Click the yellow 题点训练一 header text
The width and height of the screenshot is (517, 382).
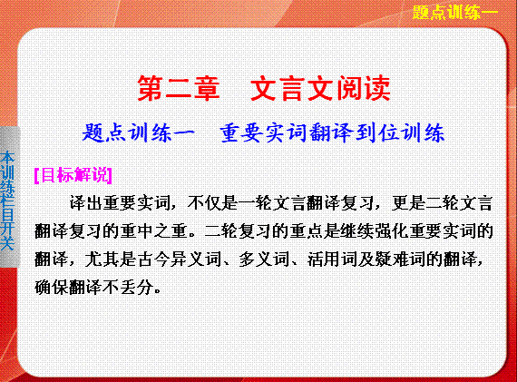coord(455,13)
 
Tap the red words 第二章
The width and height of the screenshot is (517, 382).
coord(179,88)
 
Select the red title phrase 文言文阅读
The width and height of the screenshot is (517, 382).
coord(320,88)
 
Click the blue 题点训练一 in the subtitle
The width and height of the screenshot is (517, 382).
coord(139,133)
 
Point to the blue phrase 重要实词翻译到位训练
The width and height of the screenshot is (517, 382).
coord(332,133)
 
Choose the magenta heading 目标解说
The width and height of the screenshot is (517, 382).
coord(73,175)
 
